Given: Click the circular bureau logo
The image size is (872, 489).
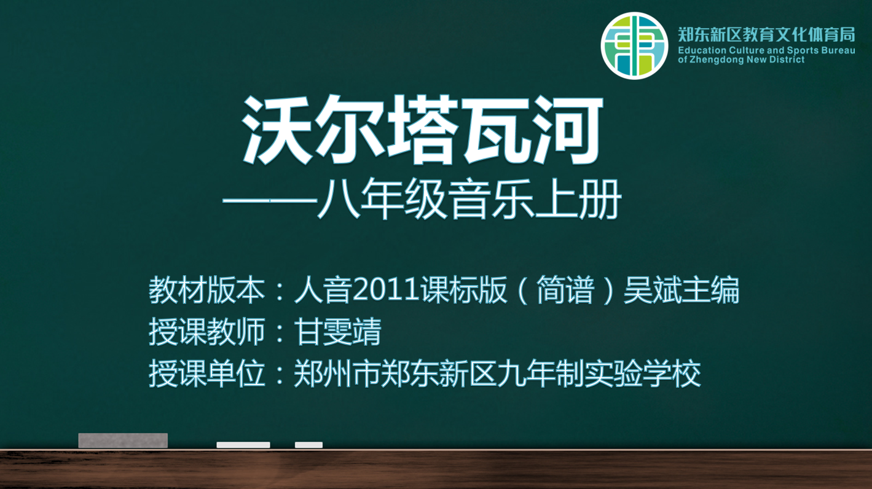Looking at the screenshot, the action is point(634,46).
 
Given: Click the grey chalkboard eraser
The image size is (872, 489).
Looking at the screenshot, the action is point(123,440).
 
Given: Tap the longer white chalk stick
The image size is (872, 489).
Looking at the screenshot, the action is point(243,445).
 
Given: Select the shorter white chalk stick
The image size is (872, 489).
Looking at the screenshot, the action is point(308,445).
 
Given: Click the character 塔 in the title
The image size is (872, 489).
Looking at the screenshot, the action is point(423,130).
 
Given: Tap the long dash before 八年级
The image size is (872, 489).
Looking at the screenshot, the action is point(270,201).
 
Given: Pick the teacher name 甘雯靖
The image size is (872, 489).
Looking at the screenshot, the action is point(337,331).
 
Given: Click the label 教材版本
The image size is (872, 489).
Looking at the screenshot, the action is point(206,289).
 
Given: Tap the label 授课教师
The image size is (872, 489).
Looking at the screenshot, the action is point(206,331).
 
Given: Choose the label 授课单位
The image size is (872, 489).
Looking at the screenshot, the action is point(206,373).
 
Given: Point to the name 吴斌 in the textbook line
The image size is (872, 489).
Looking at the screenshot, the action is point(652,289).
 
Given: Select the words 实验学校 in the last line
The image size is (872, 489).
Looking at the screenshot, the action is point(643,373).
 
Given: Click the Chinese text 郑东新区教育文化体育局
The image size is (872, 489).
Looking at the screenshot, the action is point(766,34).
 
